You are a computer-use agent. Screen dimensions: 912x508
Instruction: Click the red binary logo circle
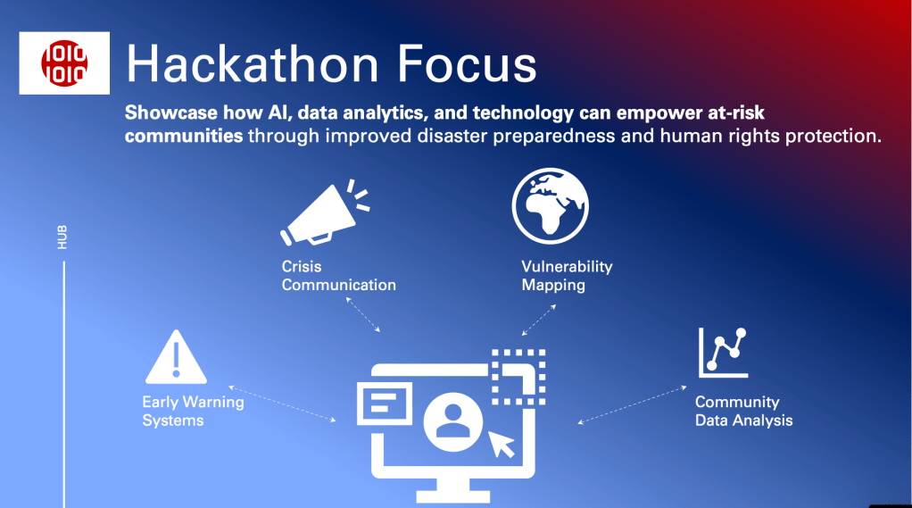pyautogui.click(x=64, y=62)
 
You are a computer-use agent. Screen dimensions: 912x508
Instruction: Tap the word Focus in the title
pyautogui.click(x=467, y=63)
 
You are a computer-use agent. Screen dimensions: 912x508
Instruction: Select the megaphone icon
pyautogui.click(x=324, y=212)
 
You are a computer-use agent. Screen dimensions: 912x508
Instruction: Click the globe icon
pyautogui.click(x=551, y=206)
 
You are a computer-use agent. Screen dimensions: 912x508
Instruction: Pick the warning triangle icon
pyautogui.click(x=176, y=357)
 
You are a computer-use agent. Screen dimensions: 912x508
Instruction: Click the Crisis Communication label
pyautogui.click(x=338, y=275)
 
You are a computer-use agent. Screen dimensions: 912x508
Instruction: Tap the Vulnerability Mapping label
pyautogui.click(x=567, y=275)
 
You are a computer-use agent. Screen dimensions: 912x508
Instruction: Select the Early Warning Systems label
pyautogui.click(x=193, y=411)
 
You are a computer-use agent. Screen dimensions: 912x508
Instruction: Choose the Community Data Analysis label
pyautogui.click(x=743, y=411)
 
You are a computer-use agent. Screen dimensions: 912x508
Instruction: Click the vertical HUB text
pyautogui.click(x=62, y=237)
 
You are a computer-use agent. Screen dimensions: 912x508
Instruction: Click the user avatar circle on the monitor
pyautogui.click(x=453, y=422)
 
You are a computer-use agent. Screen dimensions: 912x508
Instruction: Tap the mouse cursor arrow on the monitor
pyautogui.click(x=501, y=444)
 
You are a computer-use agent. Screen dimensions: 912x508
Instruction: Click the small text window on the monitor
pyautogui.click(x=385, y=404)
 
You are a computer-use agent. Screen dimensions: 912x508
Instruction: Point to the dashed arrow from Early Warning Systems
pyautogui.click(x=282, y=404)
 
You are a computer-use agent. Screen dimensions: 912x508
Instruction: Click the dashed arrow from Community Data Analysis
pyautogui.click(x=632, y=404)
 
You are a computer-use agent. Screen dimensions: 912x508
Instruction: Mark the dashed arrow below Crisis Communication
pyautogui.click(x=363, y=314)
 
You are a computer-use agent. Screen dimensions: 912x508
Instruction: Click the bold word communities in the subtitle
pyautogui.click(x=184, y=136)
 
